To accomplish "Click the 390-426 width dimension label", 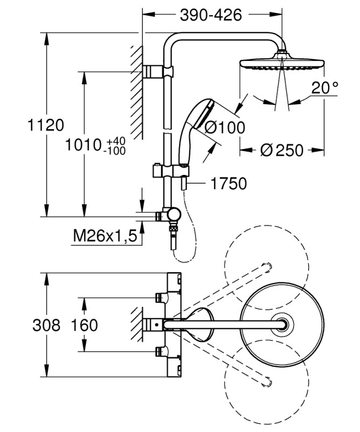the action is pos(210,15).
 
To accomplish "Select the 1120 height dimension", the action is pos(46,125).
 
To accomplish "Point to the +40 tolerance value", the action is pos(116,141).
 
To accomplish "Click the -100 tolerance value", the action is pos(116,151).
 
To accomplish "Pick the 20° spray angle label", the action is pos(325,88).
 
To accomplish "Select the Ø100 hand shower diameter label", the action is pos(225,127).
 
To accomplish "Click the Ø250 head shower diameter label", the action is pos(282,150).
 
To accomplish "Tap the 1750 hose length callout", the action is pos(229,183).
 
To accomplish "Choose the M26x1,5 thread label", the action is pos(105,236).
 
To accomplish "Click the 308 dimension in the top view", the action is pos(46,325).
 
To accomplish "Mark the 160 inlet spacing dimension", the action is pos(85,325).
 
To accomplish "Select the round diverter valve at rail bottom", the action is pos(174,214).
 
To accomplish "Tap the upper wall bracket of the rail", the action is pos(158,72).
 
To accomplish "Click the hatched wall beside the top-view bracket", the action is pos(137,325).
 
